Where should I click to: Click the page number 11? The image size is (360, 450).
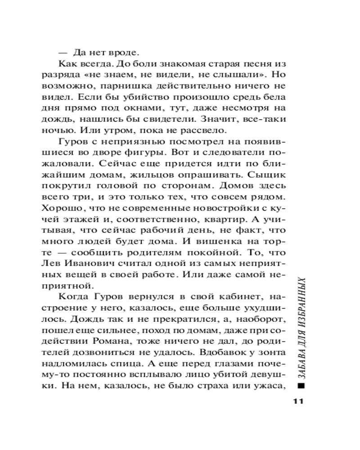(298, 401)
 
